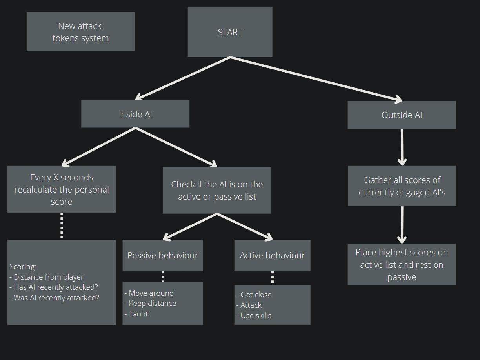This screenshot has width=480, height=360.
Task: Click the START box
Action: [230, 32]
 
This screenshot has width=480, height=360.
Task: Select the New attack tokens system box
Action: [81, 32]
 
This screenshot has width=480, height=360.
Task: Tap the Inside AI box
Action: [135, 114]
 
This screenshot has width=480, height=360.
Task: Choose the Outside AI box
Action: [402, 115]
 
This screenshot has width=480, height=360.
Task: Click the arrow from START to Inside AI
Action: [183, 78]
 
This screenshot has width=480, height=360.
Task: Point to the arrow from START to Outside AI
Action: [316, 79]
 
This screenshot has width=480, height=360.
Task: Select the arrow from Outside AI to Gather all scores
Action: [402, 147]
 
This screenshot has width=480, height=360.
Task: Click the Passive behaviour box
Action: [163, 255]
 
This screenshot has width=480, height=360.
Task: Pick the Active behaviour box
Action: [273, 255]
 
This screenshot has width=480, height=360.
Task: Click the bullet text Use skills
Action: [254, 315]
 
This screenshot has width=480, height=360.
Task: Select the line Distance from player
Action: [47, 277]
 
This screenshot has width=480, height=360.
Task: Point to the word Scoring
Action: [23, 267]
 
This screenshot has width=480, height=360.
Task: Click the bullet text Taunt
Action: [136, 314]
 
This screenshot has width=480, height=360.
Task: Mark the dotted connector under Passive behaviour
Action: [163, 276]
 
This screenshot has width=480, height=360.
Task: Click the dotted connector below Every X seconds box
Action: [62, 226]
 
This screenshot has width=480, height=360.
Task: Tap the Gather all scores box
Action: [402, 186]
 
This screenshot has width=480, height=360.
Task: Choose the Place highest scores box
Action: [402, 264]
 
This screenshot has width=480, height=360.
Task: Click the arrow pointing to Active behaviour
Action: [245, 227]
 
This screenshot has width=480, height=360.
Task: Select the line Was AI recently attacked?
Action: [54, 298]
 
